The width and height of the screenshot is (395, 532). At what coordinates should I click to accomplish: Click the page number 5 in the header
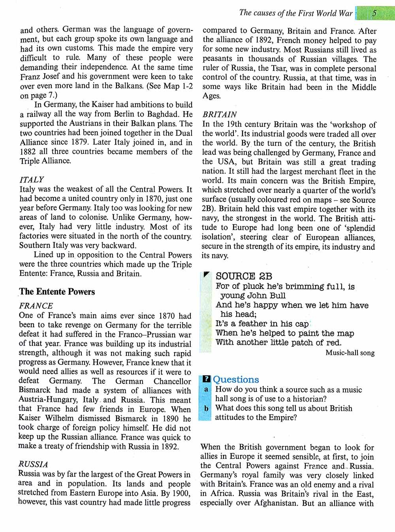374,13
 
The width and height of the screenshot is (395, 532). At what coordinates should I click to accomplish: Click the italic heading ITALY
32,179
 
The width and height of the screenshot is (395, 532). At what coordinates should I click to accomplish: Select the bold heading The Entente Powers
57,292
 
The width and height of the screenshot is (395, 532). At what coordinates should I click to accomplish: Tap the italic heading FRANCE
36,306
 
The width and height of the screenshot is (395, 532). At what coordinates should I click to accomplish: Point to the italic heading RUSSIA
33,464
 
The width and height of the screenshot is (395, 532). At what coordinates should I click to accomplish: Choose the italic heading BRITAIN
220,115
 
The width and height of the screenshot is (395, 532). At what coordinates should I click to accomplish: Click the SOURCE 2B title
244,276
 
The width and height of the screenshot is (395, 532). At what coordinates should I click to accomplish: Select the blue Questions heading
236,379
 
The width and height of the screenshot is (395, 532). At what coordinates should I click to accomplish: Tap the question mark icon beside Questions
205,379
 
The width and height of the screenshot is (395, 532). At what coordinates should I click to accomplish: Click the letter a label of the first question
206,390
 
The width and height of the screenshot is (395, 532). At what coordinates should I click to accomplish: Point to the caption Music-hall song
350,353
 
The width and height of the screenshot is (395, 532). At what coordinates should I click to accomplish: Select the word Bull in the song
278,295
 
